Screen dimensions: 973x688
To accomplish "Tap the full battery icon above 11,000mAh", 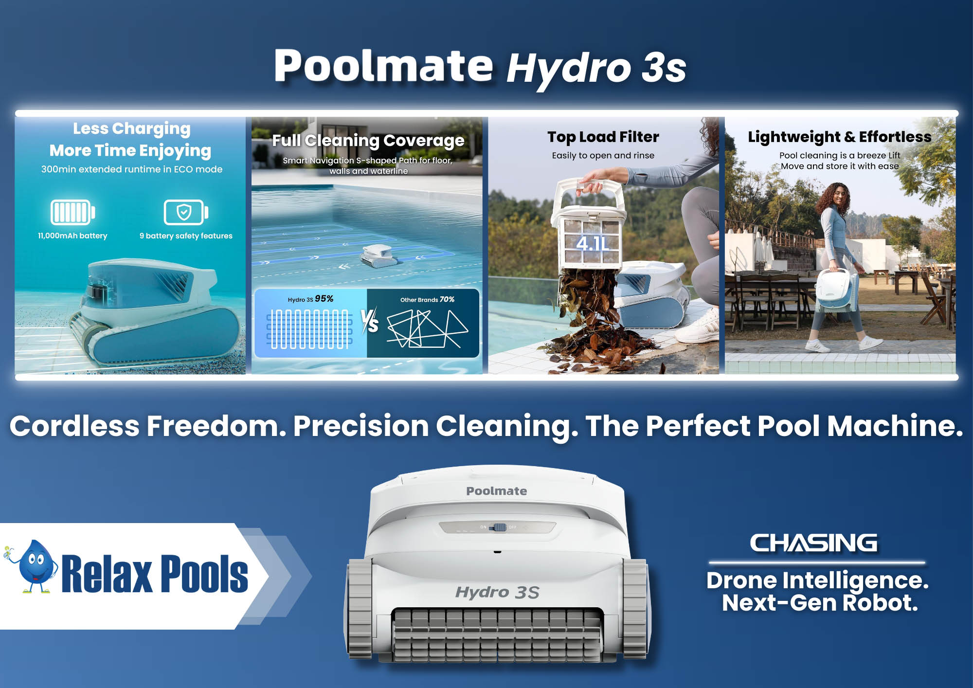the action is [72, 212].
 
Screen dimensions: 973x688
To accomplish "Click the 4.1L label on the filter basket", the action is [593, 243].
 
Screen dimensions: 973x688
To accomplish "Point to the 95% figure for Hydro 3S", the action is [324, 299].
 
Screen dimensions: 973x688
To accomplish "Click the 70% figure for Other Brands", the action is [447, 299].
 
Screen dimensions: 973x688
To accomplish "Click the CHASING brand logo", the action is [813, 543].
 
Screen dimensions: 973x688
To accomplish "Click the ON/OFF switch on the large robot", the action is [499, 527].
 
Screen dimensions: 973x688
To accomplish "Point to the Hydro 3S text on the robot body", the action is [497, 592].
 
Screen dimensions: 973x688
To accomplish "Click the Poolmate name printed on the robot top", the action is [496, 491].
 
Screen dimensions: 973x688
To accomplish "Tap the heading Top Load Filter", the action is [603, 137].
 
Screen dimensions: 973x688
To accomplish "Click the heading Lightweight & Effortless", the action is [840, 137].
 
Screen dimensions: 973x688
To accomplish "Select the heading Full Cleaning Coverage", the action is [368, 141].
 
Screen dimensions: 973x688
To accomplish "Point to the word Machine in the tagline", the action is [895, 426].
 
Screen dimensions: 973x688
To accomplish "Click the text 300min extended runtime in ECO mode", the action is [132, 169].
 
